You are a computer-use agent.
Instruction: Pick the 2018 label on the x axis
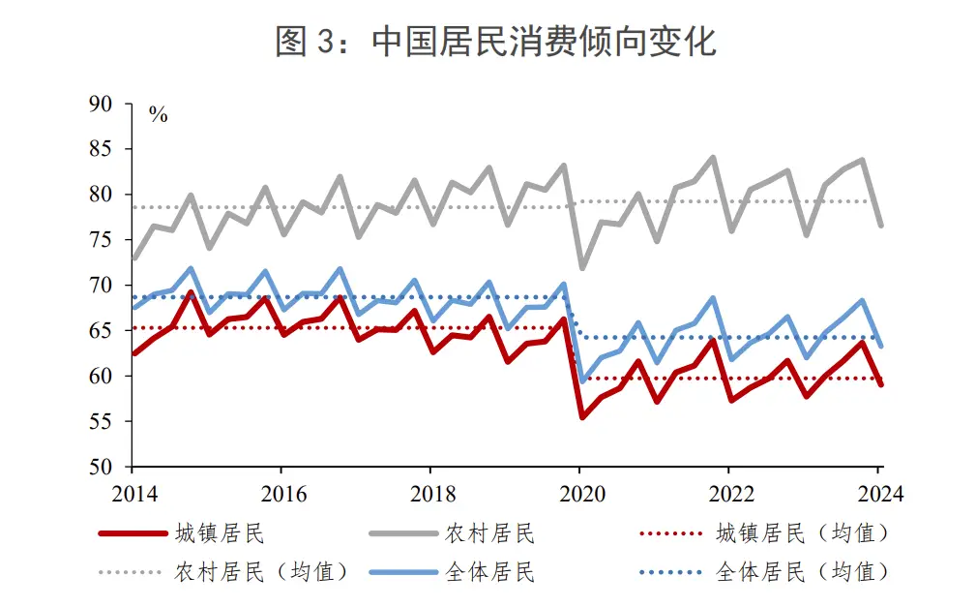(430, 495)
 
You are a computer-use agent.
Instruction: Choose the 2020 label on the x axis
(579, 495)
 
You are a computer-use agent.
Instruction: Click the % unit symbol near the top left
(158, 115)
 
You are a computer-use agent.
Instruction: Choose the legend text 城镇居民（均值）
(802, 533)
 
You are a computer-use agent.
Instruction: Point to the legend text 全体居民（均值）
(802, 572)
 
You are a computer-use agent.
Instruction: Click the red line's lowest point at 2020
(582, 417)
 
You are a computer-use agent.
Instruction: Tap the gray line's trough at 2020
(582, 268)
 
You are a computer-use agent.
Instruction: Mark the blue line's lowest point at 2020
(582, 380)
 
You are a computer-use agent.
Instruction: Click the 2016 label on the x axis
(281, 495)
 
